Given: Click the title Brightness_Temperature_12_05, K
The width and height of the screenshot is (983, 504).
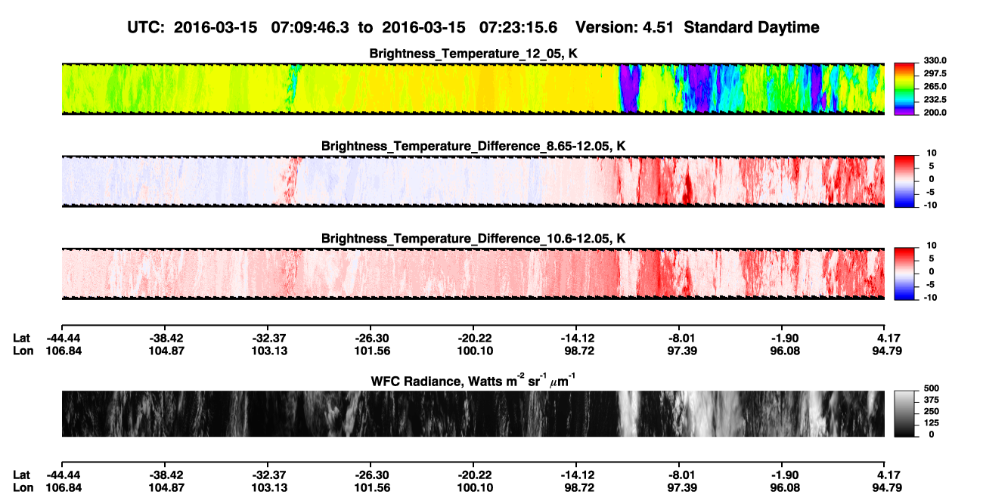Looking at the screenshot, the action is coord(473,54).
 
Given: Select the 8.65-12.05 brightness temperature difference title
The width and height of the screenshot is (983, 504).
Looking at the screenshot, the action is coord(473,146).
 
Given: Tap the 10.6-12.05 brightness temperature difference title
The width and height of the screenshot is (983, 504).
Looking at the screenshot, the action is coord(473,239).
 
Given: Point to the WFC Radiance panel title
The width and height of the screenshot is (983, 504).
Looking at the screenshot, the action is coord(473,380).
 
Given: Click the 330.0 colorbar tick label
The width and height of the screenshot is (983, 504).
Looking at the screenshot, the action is coord(935,60).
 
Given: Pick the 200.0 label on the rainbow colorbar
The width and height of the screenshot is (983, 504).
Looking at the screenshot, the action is coord(935,113).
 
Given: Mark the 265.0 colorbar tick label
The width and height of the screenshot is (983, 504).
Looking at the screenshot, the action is coord(935,86).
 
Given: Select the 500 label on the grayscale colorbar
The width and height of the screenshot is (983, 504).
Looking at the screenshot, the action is coord(932,388).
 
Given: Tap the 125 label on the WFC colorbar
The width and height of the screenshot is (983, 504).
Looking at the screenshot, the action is coord(932,423).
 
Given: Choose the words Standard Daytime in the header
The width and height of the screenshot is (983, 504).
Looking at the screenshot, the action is coord(752,27).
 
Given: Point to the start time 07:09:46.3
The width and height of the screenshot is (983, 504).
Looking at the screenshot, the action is coord(310,27).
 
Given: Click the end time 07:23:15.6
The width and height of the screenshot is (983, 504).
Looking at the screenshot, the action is coord(518,27).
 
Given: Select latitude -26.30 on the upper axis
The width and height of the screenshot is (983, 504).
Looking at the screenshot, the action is coord(371,339).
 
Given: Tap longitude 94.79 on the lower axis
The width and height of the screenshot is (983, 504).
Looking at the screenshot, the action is coord(887,488).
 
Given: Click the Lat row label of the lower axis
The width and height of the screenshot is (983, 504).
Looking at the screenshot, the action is coord(21,475).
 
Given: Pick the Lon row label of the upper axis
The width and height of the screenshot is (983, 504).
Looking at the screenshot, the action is coord(23,351).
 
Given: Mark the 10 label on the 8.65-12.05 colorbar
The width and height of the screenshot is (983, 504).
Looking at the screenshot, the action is coord(932,153).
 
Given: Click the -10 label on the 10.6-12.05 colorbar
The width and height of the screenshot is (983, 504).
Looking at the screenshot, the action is coord(930,298).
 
